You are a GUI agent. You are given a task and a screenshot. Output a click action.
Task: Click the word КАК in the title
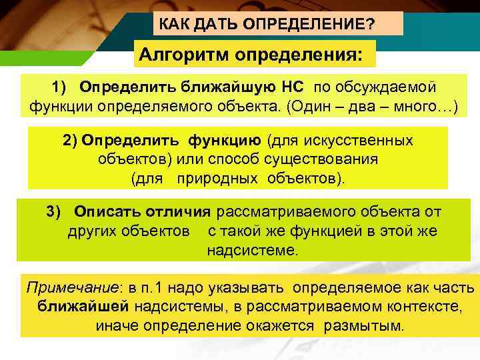(173, 25)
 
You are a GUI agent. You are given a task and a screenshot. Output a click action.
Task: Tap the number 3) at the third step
(54, 212)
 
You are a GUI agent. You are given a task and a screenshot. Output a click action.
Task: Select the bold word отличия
(181, 212)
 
